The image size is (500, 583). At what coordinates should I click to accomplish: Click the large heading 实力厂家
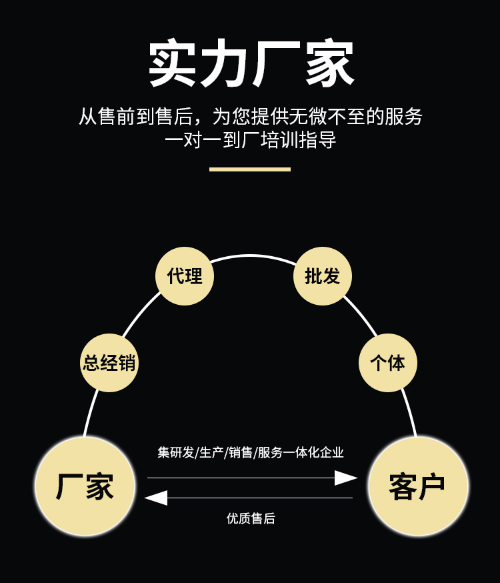pos(251,63)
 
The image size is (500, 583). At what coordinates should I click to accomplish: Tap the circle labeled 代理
pos(185,276)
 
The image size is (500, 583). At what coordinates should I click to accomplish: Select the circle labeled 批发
pos(323,276)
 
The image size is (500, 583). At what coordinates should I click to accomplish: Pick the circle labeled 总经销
pos(109,362)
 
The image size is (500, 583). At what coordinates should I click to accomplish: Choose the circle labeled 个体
pos(388,362)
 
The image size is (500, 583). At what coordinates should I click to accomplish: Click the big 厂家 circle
pos(85,486)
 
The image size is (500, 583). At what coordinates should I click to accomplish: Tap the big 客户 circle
pos(417,486)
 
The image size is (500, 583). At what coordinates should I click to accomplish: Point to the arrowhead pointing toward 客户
pos(345,478)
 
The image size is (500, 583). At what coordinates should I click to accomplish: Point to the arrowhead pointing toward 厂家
pos(156,498)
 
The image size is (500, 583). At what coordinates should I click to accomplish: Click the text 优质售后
pos(251,518)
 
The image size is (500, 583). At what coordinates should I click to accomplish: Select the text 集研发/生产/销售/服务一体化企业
pos(251,452)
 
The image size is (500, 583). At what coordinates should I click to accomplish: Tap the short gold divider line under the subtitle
pos(250,169)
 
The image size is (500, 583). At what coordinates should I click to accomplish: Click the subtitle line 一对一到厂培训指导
pos(251,141)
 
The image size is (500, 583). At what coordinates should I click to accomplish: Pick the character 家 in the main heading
pos(329,63)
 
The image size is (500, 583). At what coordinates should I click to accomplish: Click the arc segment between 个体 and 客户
pos(409,413)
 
